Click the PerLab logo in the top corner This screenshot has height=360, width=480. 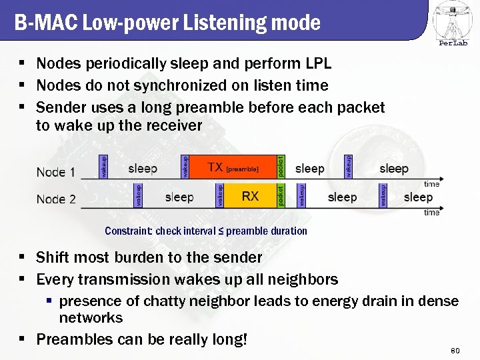coord(453,23)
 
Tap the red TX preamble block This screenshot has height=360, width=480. coord(233,167)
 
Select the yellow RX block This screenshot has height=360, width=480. coord(250,195)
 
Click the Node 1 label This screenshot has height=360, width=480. coord(55,172)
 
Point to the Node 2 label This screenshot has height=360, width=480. coord(56,199)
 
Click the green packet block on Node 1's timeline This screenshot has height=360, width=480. coord(281,167)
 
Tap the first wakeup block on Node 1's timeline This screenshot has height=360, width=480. coord(103,167)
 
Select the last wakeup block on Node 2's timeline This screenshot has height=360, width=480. coord(383,195)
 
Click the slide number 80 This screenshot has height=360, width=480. coord(456,350)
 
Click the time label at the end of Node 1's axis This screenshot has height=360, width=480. coord(432,183)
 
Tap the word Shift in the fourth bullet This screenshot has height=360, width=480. coord(53,257)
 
